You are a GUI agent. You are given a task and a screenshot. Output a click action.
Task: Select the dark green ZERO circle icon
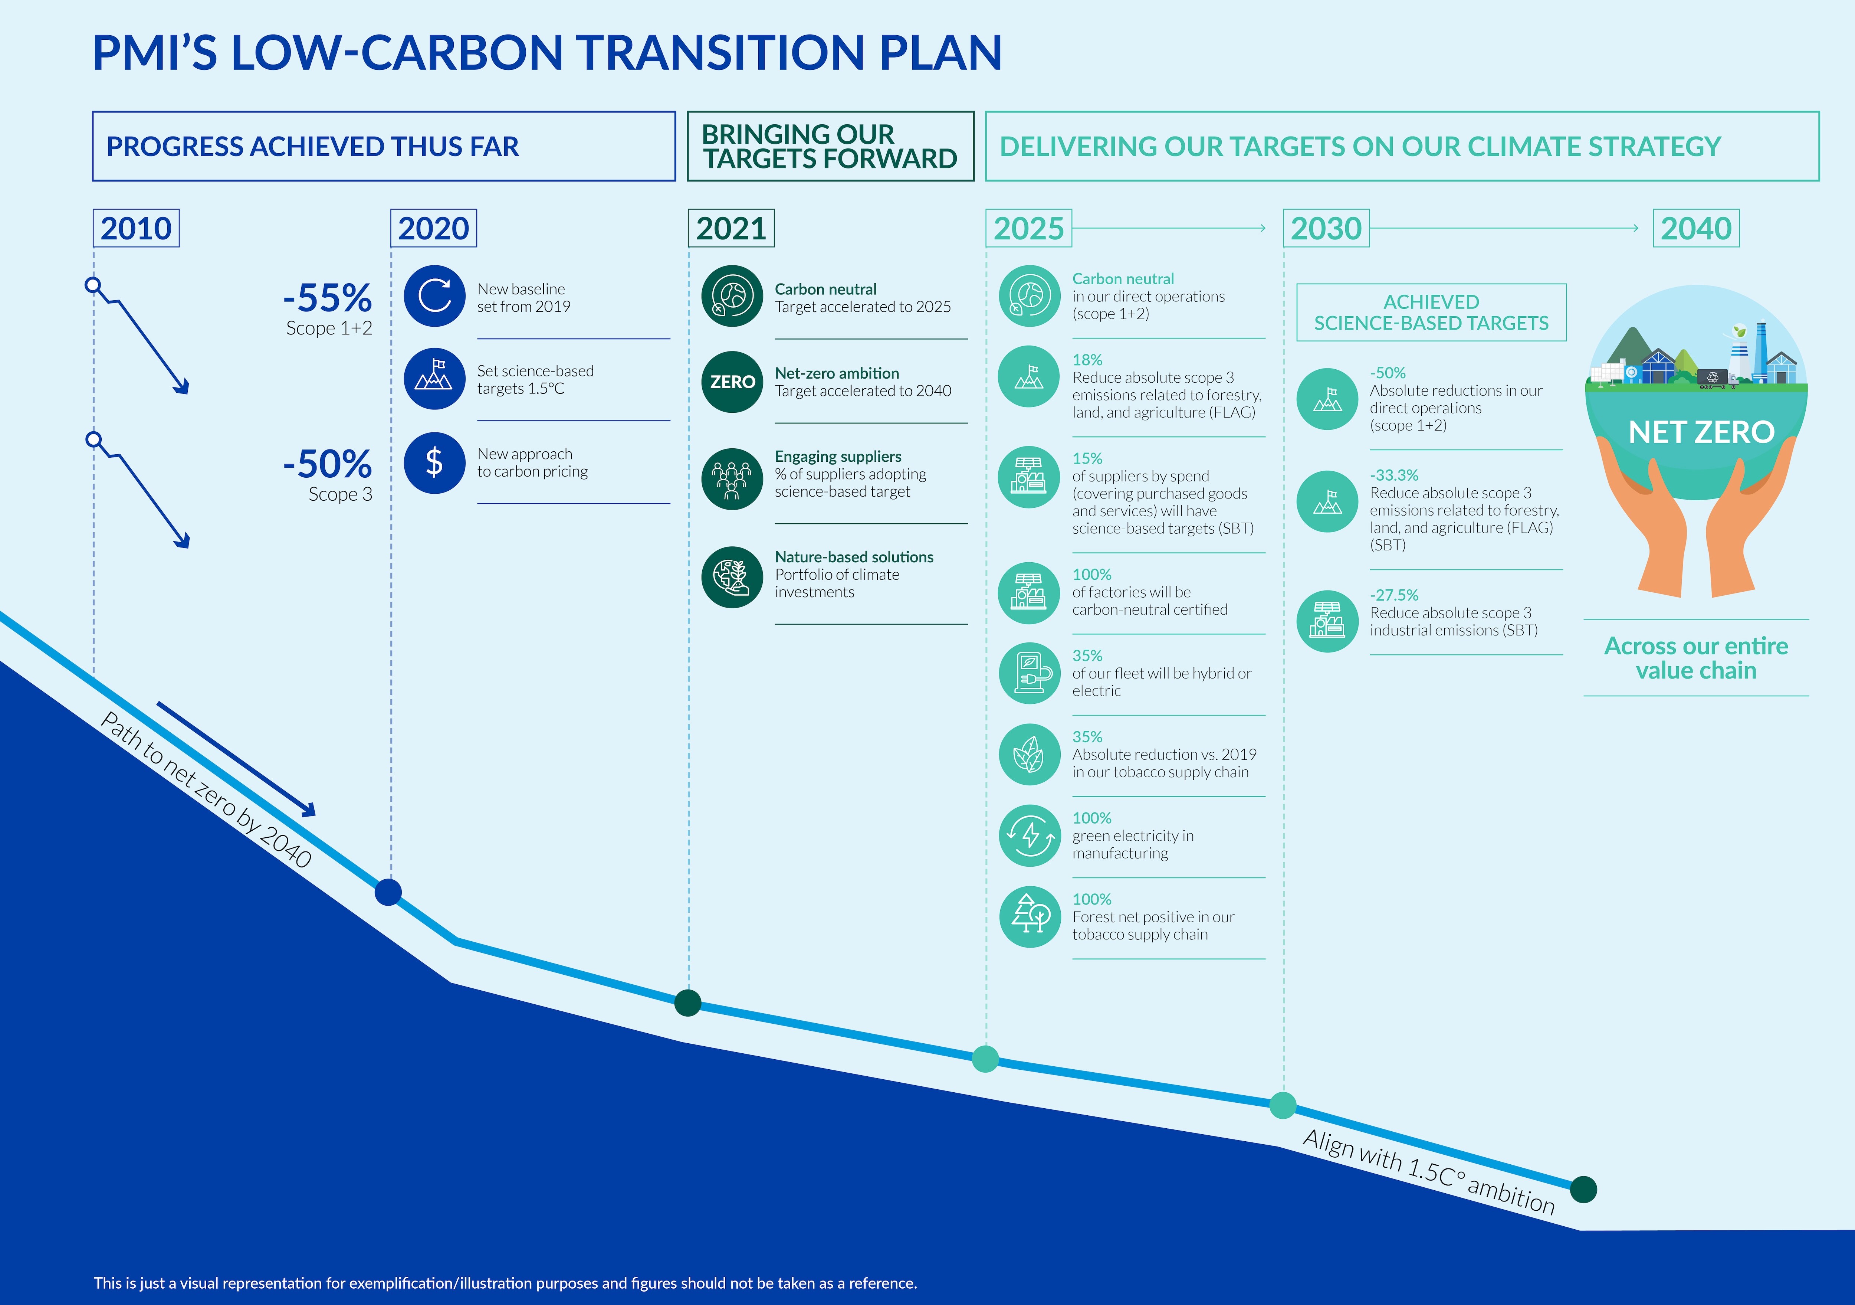point(732,382)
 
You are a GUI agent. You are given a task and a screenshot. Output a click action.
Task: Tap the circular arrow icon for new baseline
point(435,296)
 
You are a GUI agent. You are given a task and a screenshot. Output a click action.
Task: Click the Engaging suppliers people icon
point(732,479)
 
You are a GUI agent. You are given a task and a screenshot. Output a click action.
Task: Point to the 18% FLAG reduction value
point(1087,360)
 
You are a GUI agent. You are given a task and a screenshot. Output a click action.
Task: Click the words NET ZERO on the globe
point(1701,432)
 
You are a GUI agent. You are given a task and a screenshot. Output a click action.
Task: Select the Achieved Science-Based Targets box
point(1431,312)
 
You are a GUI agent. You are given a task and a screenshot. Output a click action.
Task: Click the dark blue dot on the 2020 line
point(388,892)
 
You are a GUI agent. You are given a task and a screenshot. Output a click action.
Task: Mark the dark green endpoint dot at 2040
point(1583,1190)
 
